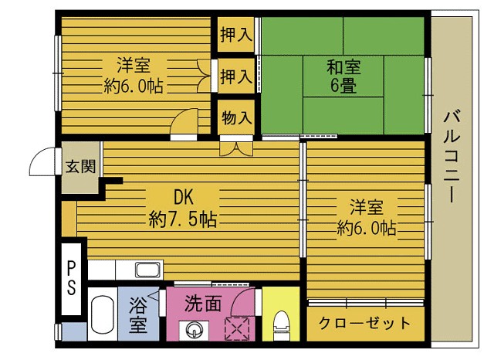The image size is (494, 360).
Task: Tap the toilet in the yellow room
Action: coord(281,323)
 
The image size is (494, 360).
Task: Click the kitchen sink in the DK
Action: coord(147,270)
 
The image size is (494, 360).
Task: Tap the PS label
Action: coord(71,278)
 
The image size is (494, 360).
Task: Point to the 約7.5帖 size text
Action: coord(182,219)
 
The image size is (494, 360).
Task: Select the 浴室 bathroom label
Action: coord(138,314)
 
